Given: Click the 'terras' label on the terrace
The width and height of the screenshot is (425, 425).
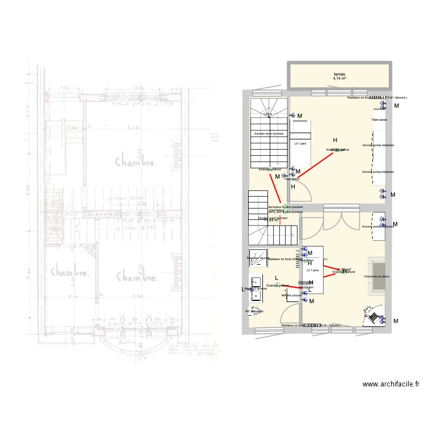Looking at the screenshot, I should tap(339, 74).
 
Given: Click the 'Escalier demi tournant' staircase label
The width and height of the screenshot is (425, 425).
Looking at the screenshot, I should tap(270, 134).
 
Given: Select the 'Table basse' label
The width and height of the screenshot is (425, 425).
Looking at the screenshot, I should tap(379, 120).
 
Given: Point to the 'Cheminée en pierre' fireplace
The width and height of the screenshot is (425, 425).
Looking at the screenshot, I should tap(377, 276).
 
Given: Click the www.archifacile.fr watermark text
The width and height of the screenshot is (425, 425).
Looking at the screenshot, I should tap(392, 384).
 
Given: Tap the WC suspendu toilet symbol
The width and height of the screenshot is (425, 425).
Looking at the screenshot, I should tap(255, 311).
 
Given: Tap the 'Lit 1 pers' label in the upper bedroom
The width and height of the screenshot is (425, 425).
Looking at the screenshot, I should tap(300, 143).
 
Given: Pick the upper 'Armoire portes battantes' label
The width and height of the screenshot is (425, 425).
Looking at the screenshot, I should tap(378, 146).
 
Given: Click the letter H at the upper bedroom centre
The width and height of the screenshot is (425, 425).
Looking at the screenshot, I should tap(335, 141).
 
